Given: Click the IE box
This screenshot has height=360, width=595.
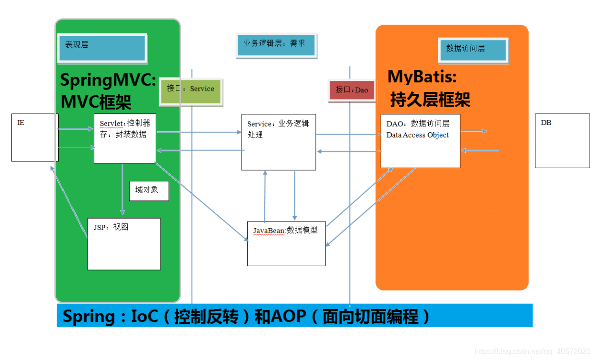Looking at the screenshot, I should click(34, 137).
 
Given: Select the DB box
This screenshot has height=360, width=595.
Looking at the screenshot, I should click(562, 140).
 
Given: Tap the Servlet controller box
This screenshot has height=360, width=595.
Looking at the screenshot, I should click(125, 139).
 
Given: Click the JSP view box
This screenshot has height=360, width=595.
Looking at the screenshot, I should click(124, 244).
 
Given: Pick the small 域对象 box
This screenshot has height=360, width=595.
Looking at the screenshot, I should click(149, 190).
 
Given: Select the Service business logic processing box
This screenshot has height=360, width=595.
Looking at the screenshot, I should click(278, 142).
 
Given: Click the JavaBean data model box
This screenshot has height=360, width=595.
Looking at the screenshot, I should click(286, 243).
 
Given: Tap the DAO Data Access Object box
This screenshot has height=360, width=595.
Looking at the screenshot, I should click(420, 141).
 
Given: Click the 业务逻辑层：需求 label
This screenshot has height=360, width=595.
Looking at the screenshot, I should click(276, 44).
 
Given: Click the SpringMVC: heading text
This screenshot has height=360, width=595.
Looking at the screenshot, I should click(108, 80).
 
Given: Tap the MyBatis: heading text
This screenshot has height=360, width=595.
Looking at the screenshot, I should click(422, 77).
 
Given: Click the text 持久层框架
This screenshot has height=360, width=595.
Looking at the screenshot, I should click(430, 100).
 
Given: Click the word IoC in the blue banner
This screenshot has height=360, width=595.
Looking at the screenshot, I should click(144, 316).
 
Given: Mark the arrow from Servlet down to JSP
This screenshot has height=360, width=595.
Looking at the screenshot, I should click(122, 190).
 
